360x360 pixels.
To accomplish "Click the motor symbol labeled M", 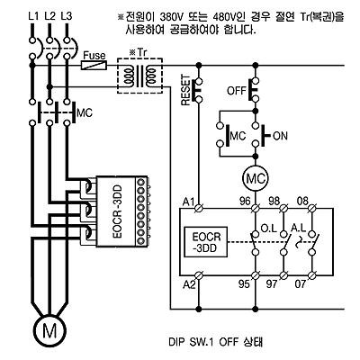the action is tap(49, 330).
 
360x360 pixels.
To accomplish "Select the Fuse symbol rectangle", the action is tap(94, 65).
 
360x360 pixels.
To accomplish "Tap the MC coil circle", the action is tap(256, 179).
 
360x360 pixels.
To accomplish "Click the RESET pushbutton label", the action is tap(186, 90).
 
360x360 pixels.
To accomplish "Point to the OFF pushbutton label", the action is tap(237, 90).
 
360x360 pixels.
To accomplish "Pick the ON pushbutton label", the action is tap(281, 136).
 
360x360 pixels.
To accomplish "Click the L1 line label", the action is tap(33, 16).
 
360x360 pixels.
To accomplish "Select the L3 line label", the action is tap(67, 16).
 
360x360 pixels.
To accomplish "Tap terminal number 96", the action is tap(245, 201).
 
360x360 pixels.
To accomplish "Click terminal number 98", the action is tap(274, 201).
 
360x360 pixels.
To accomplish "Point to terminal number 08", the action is tap(302, 201).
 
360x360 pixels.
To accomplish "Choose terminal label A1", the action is tap(189, 202).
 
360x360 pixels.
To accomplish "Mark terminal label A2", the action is tap(189, 284).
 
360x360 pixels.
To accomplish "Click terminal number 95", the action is tap(244, 283).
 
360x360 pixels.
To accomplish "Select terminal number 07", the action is tap(300, 283).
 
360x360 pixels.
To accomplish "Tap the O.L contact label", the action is tap(269, 229).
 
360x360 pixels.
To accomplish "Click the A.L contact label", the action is tap(298, 228).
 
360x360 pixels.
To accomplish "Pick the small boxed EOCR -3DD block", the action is tap(206, 242).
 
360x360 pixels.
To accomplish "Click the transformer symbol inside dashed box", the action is tap(139, 76).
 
